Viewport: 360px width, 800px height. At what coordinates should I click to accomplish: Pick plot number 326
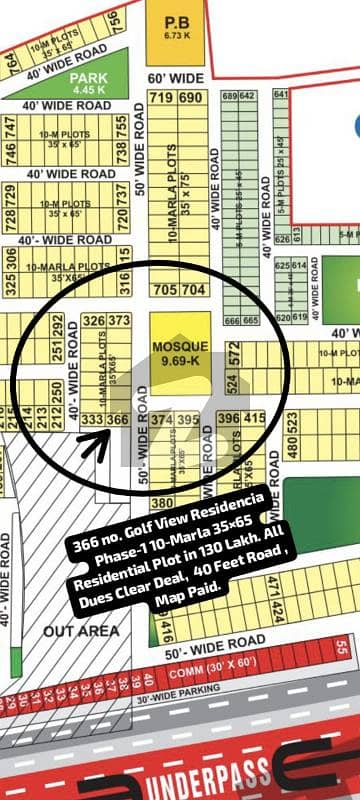point(94,321)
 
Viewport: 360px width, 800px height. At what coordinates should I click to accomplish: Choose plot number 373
point(119,321)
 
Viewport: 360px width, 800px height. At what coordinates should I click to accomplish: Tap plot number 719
point(160,97)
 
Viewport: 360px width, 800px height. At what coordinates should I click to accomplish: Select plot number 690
point(188,97)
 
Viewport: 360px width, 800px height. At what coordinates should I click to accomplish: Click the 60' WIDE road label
point(174,77)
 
